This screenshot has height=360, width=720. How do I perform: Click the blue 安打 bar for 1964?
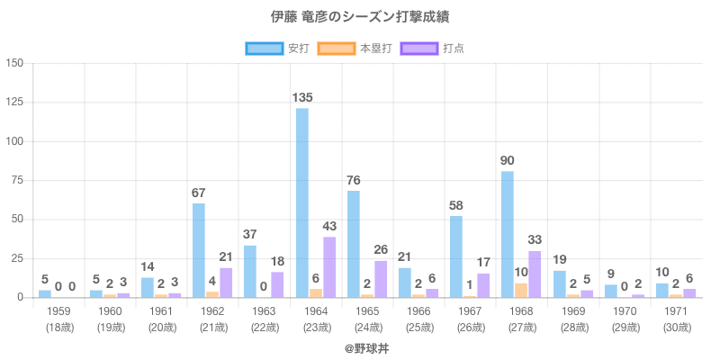click(x=302, y=202)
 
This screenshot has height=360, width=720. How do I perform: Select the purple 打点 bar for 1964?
click(x=329, y=266)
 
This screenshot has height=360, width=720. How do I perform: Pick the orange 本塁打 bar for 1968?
click(x=522, y=290)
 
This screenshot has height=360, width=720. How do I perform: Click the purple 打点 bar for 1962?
click(x=226, y=283)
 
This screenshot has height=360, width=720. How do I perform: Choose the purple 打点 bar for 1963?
click(x=277, y=284)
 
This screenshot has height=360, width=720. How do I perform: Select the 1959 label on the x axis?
click(x=58, y=310)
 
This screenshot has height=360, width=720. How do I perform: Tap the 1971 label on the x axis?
click(x=677, y=310)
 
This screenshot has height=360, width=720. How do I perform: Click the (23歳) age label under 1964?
click(x=316, y=327)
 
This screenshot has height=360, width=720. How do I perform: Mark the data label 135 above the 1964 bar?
click(x=302, y=97)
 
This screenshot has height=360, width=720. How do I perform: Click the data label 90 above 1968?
click(x=508, y=160)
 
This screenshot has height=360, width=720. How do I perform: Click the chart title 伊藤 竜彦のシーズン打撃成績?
click(x=360, y=17)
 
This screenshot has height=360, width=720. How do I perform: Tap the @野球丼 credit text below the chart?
click(x=360, y=346)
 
